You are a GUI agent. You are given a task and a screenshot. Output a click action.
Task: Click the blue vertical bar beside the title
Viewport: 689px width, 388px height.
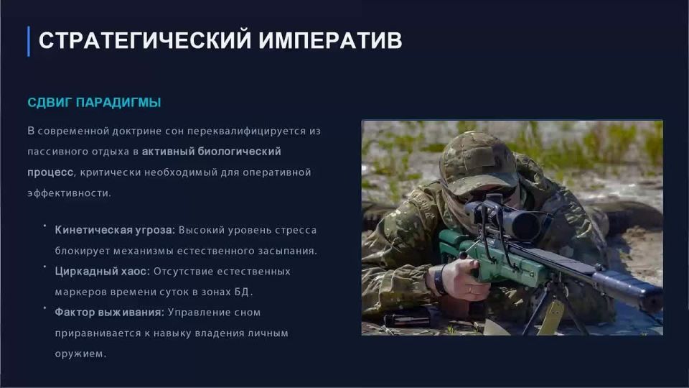(x=28, y=41)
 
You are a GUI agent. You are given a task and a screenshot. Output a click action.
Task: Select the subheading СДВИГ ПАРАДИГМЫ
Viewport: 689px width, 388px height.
(x=94, y=103)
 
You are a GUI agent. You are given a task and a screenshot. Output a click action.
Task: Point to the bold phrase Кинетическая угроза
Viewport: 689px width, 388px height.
(x=115, y=231)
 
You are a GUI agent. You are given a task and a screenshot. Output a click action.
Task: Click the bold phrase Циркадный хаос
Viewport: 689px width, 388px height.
(x=102, y=272)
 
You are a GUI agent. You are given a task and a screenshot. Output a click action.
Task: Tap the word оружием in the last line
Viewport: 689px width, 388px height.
(x=80, y=354)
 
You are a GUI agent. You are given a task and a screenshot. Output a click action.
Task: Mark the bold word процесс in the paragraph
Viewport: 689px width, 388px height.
(x=50, y=172)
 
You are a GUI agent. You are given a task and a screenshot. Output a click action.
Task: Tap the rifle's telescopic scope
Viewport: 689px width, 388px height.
(x=513, y=220)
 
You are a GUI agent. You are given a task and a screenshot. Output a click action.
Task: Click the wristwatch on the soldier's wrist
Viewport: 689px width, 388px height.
(x=437, y=280)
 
